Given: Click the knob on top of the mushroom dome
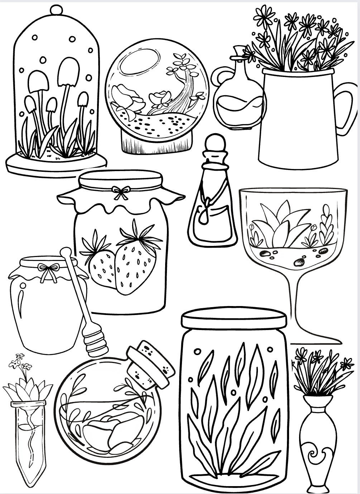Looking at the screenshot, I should [56, 10].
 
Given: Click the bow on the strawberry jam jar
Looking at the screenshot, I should [120, 193].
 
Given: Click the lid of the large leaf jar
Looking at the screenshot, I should [234, 318].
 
